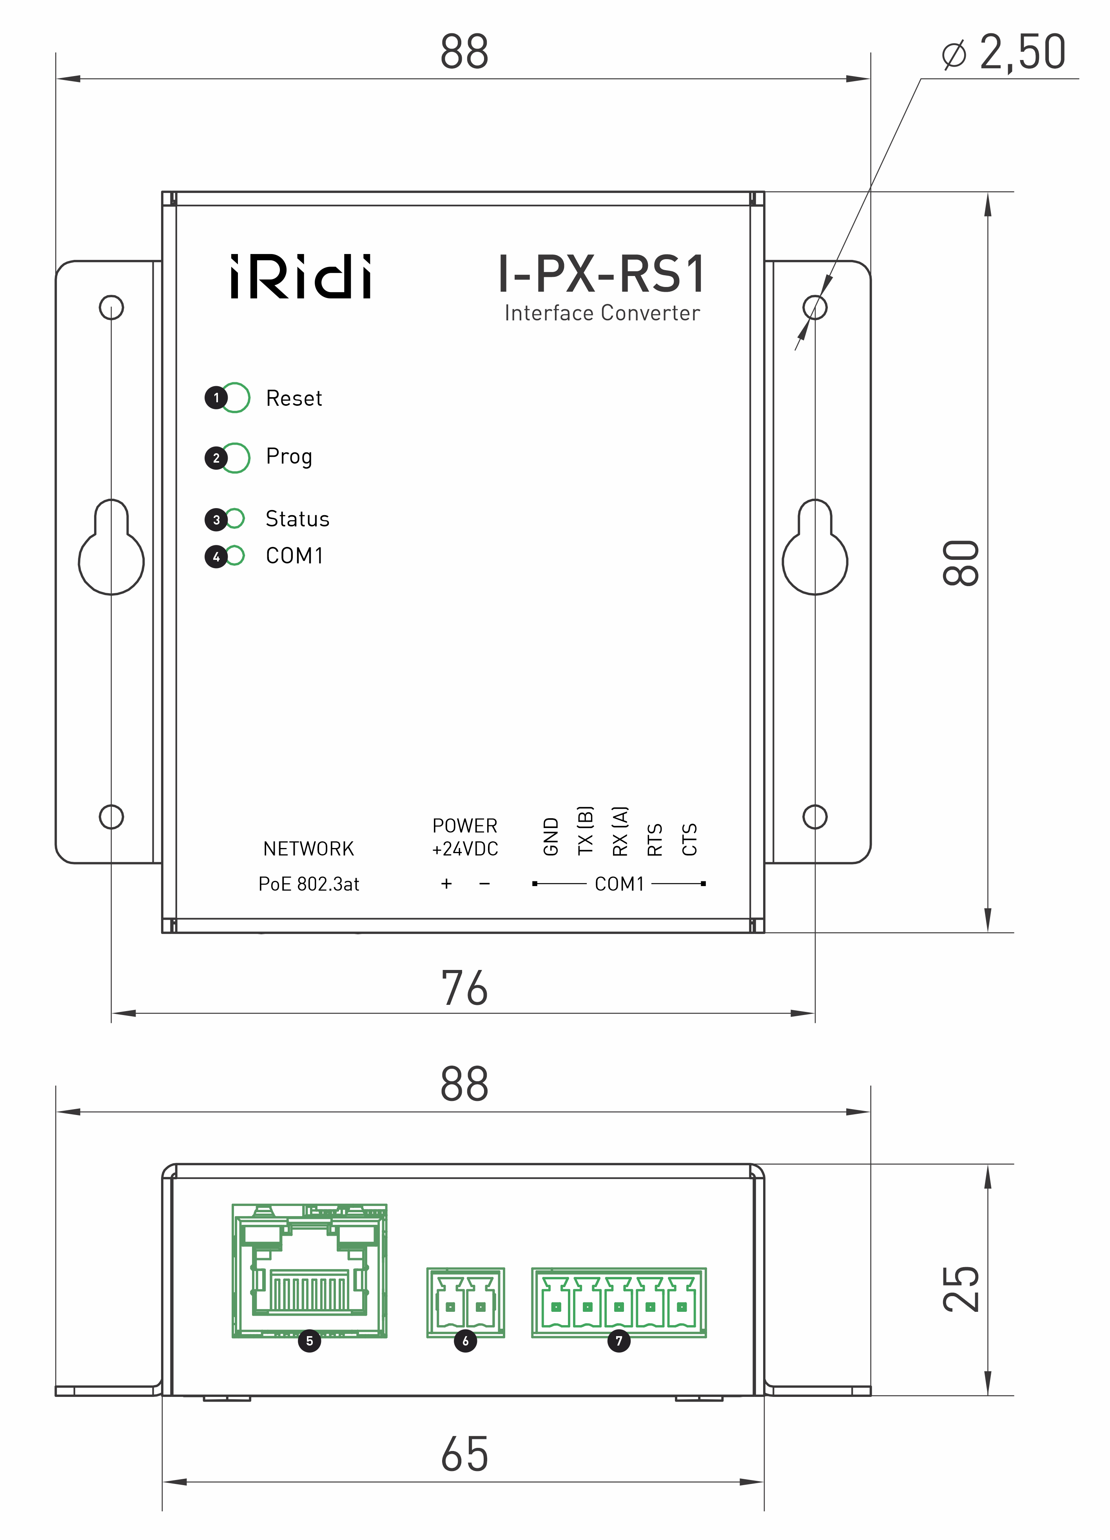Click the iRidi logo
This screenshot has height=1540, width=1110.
pyautogui.click(x=301, y=277)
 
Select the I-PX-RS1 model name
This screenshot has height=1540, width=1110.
pyautogui.click(x=602, y=274)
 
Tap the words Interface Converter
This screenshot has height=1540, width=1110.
pyautogui.click(x=602, y=313)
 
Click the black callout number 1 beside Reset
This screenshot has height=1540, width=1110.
pyautogui.click(x=216, y=398)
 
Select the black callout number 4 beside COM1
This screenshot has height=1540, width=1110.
pyautogui.click(x=216, y=557)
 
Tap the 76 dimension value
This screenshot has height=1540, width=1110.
pyautogui.click(x=464, y=988)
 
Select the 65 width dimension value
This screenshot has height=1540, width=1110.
pyautogui.click(x=464, y=1455)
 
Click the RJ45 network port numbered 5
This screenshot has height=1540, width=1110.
pyautogui.click(x=310, y=1270)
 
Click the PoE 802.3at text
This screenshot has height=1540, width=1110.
pyautogui.click(x=309, y=884)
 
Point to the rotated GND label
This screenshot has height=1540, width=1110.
pyautogui.click(x=551, y=837)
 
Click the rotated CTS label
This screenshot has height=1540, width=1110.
pyautogui.click(x=689, y=839)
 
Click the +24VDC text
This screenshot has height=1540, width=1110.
pyautogui.click(x=465, y=849)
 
